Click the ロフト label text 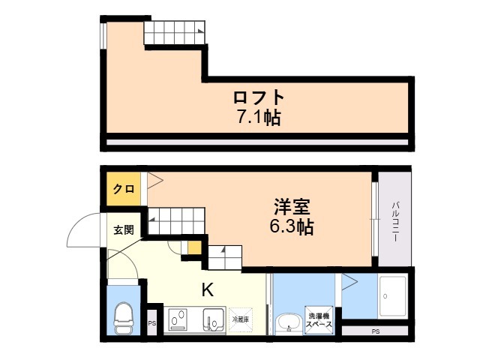[259, 97]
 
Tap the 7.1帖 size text [259, 117]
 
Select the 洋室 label [292, 207]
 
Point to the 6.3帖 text [292, 226]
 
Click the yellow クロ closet [124, 188]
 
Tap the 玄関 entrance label [124, 229]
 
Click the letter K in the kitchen [207, 289]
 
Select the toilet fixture [124, 318]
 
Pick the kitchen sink [213, 320]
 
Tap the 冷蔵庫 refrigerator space [241, 319]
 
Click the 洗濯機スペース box [319, 320]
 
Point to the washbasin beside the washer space [288, 323]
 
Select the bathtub [393, 296]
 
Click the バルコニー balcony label [396, 221]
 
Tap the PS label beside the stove [151, 323]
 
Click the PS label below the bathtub [376, 331]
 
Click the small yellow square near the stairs [194, 248]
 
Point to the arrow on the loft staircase [200, 31]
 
